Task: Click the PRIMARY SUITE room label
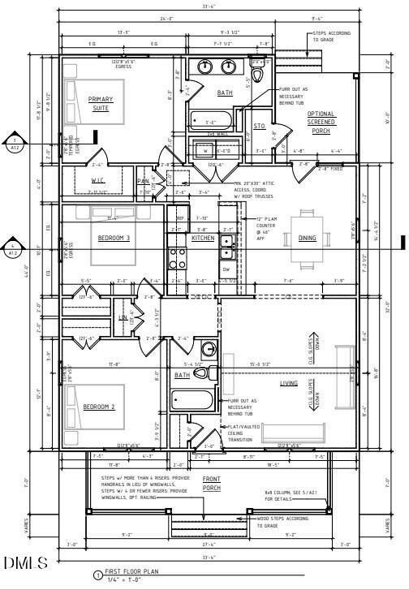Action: coord(101,103)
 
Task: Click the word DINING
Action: coord(308,238)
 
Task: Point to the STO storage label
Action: coord(260,126)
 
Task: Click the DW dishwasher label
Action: coord(226,269)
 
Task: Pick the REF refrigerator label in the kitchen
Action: coord(180,218)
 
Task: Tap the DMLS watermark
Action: coord(26,562)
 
